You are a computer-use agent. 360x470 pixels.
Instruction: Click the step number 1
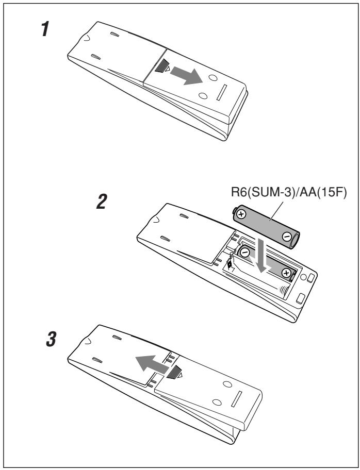point(45,30)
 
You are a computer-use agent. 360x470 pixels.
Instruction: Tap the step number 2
point(102,202)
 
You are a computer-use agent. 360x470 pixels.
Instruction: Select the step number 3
point(51,340)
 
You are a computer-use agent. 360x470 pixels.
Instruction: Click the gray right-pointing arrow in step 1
point(187,76)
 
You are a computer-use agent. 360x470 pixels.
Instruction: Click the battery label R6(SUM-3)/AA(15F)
point(289,192)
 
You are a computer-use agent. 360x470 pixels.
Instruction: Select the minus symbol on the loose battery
point(286,237)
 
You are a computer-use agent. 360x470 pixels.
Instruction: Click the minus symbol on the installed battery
point(245,253)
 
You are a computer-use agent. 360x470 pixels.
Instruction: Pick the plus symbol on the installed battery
point(286,273)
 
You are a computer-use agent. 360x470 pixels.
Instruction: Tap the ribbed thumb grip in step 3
point(174,373)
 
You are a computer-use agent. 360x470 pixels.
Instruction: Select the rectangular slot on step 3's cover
point(236,399)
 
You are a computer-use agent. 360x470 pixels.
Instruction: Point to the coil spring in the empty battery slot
point(283,290)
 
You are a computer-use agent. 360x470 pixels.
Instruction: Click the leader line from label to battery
point(276,211)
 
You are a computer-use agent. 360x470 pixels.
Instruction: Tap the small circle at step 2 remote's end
point(303,277)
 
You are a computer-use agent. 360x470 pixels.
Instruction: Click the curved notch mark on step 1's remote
point(86,38)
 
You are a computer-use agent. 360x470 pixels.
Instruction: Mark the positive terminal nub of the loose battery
point(234,211)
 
